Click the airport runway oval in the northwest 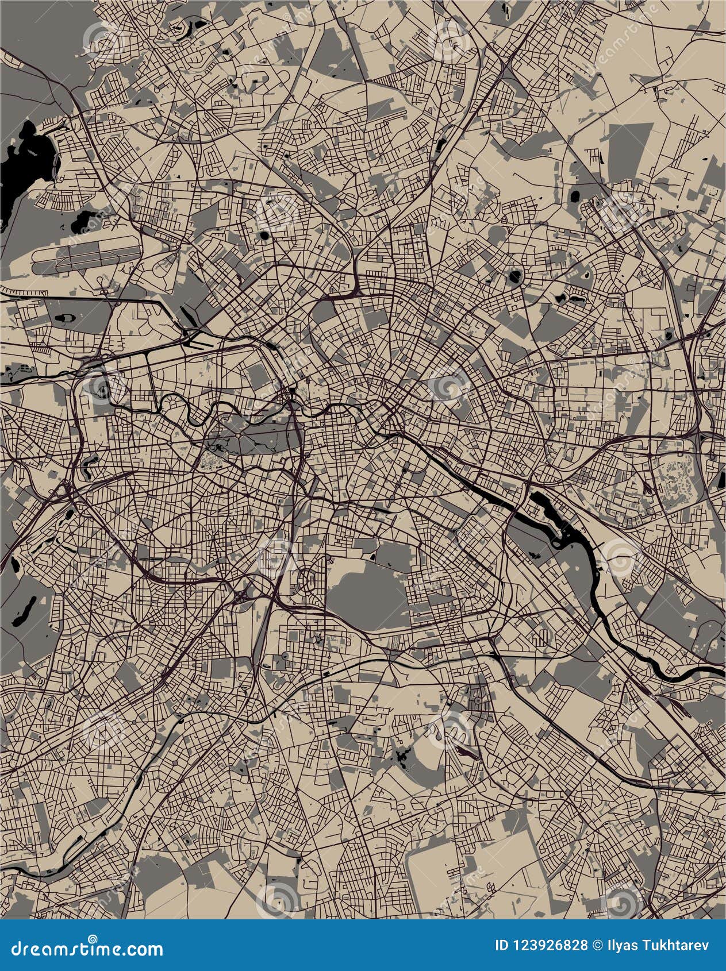[x=86, y=257]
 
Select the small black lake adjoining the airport [x=86, y=219]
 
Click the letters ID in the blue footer [x=502, y=946]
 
